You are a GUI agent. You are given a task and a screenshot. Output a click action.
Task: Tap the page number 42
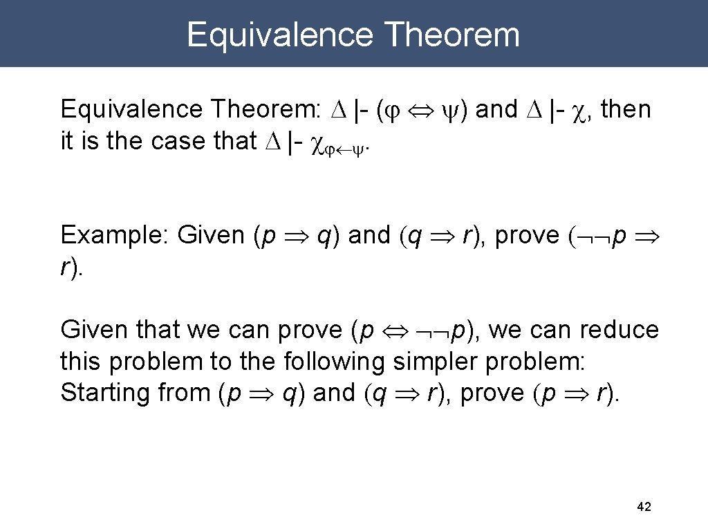point(643,507)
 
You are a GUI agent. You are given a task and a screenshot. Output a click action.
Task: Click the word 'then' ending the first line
point(626,109)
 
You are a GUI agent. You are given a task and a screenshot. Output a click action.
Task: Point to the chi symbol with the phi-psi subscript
point(319,142)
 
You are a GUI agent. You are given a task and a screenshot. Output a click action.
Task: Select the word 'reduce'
point(619,330)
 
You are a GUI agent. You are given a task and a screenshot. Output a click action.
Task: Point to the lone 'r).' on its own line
point(72,268)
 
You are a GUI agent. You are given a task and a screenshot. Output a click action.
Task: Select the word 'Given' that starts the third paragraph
point(91,330)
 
